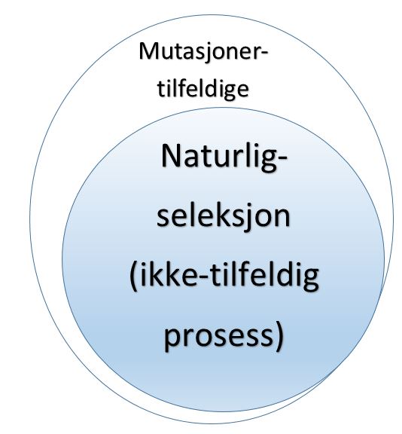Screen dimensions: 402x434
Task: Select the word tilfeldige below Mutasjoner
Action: tap(203, 89)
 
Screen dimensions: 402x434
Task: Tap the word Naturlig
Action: tap(219, 157)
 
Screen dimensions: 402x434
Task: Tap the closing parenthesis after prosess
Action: tap(279, 335)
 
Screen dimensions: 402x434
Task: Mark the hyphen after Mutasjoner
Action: tap(264, 54)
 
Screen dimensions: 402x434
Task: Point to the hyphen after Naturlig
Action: tap(282, 159)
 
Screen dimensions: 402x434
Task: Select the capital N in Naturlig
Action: tap(171, 156)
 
